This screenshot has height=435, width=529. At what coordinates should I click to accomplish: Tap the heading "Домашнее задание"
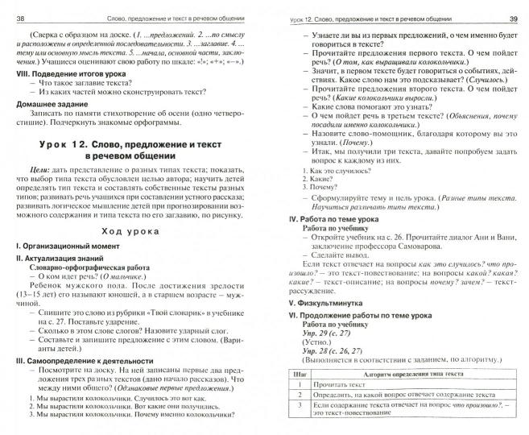point(55,104)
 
